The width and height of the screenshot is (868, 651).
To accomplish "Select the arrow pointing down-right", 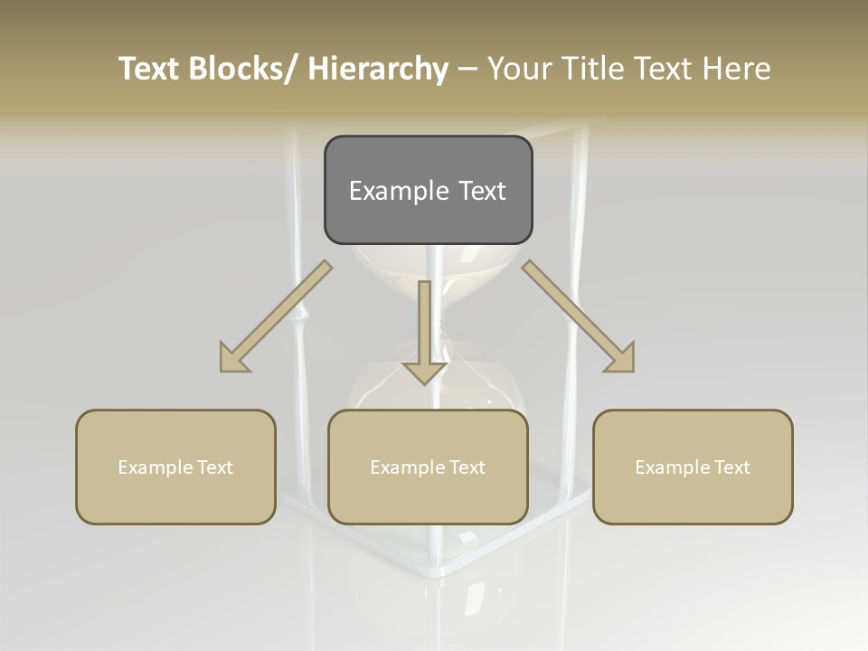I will click(x=579, y=316).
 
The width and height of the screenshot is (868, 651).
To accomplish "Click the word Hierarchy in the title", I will click(x=378, y=69).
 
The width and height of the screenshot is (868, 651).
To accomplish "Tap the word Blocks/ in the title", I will click(x=245, y=69).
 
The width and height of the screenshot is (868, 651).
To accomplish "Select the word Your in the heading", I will click(x=521, y=69).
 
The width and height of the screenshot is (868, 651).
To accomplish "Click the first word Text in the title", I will click(x=150, y=69).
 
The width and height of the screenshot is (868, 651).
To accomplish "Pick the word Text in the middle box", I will click(x=467, y=467).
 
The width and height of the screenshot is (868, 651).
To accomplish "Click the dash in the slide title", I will click(x=467, y=69).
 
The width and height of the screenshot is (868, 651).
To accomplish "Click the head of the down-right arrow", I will click(x=621, y=359).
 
